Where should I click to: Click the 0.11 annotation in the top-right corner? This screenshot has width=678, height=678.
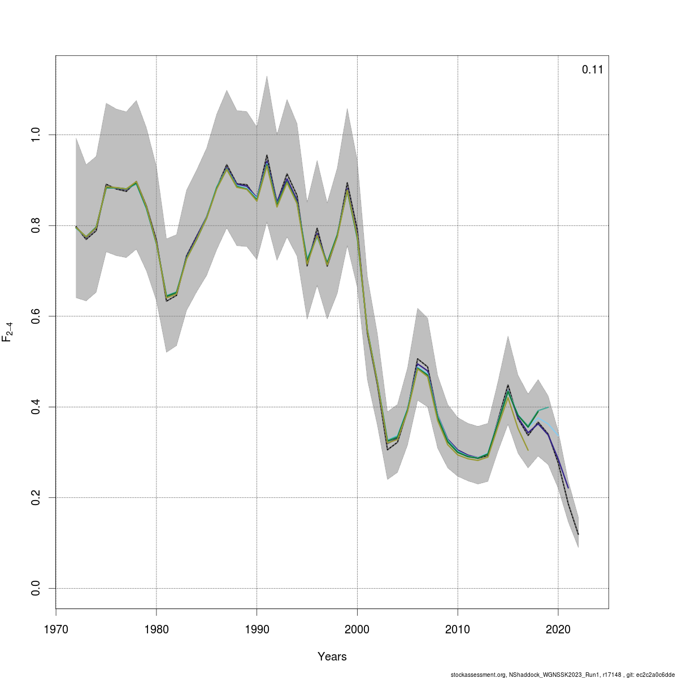(592, 70)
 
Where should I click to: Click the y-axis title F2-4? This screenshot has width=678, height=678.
(8, 332)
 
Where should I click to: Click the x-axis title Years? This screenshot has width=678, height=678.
(332, 657)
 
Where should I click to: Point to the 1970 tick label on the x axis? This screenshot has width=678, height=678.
(56, 629)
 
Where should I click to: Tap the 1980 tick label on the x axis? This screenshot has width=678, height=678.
(157, 629)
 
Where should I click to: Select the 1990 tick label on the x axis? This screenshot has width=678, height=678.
(257, 629)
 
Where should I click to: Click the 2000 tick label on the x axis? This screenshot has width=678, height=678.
(357, 629)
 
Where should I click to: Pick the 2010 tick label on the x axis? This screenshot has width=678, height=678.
(458, 629)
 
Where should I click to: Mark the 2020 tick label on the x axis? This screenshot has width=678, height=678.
(558, 629)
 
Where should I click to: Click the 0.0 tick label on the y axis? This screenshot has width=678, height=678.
(34, 588)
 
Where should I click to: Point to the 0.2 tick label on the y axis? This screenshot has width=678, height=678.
(34, 498)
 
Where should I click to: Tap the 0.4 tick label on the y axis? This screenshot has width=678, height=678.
(34, 407)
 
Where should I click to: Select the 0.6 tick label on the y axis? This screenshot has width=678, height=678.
(34, 316)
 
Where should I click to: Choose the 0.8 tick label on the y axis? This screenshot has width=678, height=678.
(34, 225)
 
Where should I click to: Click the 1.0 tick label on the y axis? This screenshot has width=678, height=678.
(34, 134)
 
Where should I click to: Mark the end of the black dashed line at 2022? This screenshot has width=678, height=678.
(578, 534)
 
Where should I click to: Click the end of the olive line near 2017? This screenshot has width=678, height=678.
(528, 450)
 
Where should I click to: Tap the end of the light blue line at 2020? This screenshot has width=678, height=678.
(558, 434)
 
